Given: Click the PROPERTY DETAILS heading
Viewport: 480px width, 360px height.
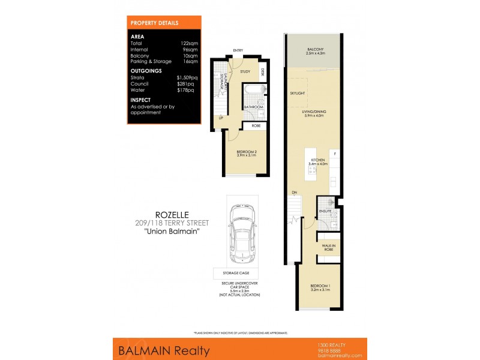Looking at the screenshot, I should coord(154,23).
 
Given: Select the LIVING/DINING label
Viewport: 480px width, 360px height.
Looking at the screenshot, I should coord(313,112).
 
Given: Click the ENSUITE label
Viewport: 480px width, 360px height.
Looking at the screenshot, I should coord(326,211).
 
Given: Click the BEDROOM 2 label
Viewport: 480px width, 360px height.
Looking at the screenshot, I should coord(246,152).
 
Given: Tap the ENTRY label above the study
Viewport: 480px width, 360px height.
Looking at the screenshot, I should coord(238,51).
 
